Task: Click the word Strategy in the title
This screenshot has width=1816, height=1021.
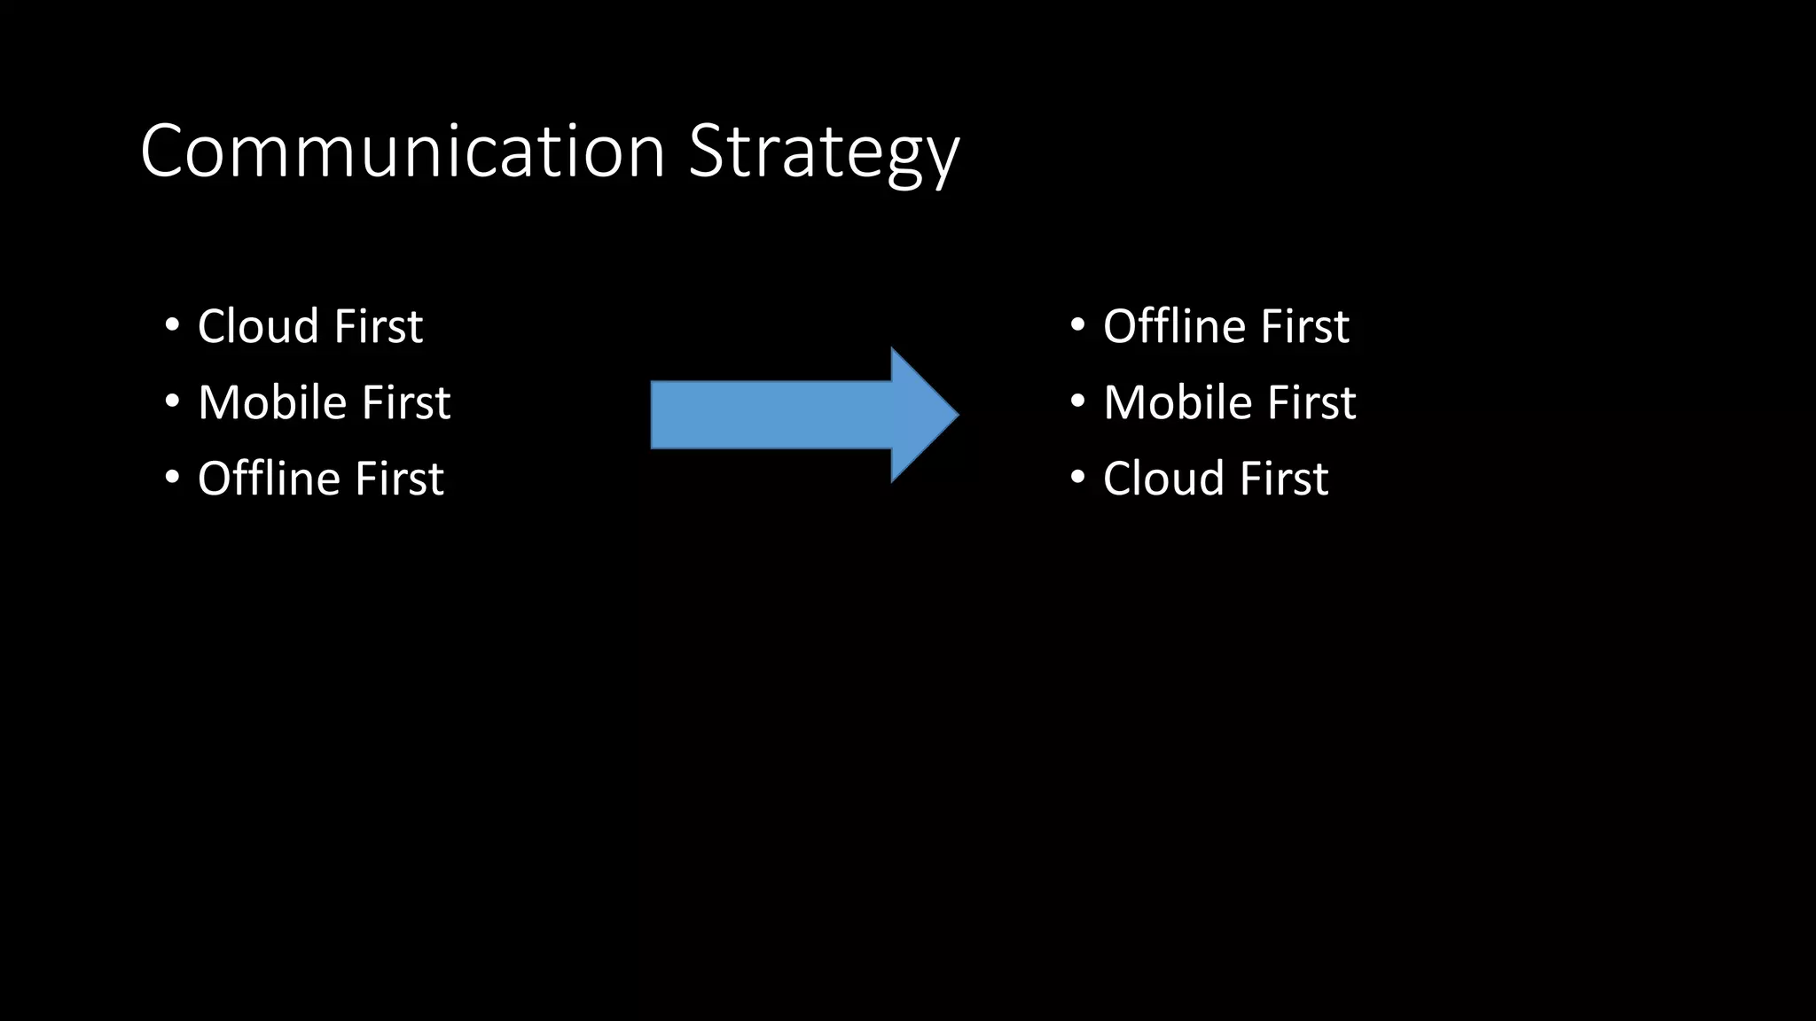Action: click(x=824, y=152)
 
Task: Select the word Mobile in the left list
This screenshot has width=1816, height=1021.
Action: click(x=272, y=402)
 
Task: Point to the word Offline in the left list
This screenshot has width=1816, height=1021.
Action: click(x=269, y=479)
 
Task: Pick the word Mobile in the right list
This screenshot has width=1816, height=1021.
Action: click(x=1178, y=402)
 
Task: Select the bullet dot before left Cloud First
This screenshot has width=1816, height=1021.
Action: click(x=172, y=325)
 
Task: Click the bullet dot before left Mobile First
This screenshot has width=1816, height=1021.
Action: click(x=172, y=401)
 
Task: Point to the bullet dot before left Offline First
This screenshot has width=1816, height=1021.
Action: click(x=172, y=478)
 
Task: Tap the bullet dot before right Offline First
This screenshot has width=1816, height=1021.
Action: click(x=1077, y=325)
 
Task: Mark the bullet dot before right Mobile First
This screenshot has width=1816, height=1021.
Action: click(x=1077, y=401)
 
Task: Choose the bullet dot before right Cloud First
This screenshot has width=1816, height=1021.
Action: click(x=1077, y=478)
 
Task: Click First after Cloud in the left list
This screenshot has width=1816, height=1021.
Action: click(x=379, y=326)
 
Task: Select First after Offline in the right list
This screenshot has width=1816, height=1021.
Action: click(x=1304, y=326)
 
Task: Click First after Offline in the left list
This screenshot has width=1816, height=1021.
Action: click(x=399, y=479)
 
